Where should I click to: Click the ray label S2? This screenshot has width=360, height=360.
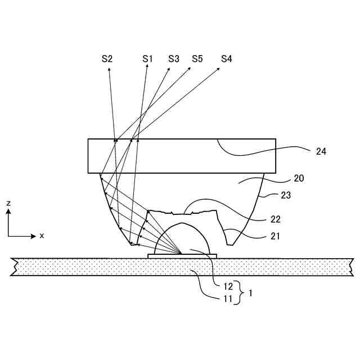[x=107, y=58]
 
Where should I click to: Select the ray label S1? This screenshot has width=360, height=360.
[x=147, y=58]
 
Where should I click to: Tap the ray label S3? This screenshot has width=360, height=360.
[x=174, y=58]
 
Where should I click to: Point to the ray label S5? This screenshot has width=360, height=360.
[x=197, y=58]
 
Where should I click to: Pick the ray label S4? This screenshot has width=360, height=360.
[x=227, y=58]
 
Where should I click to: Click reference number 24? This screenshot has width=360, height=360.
[x=321, y=151]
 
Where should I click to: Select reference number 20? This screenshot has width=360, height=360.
[x=299, y=179]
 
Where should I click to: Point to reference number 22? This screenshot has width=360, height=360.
[x=275, y=219]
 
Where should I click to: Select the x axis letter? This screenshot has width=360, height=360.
[x=42, y=236]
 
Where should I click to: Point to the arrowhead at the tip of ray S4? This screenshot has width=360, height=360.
[x=219, y=70]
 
